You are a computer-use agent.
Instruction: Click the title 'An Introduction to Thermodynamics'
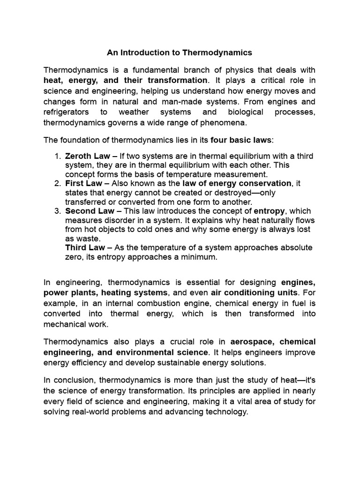tap(180, 52)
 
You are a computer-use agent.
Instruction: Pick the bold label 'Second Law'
tap(87, 211)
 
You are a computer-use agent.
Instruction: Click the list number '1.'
tap(58, 156)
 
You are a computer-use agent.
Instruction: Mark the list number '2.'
tap(58, 183)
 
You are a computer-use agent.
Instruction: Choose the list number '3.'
tap(58, 211)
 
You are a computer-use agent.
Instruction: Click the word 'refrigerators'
tap(67, 112)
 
